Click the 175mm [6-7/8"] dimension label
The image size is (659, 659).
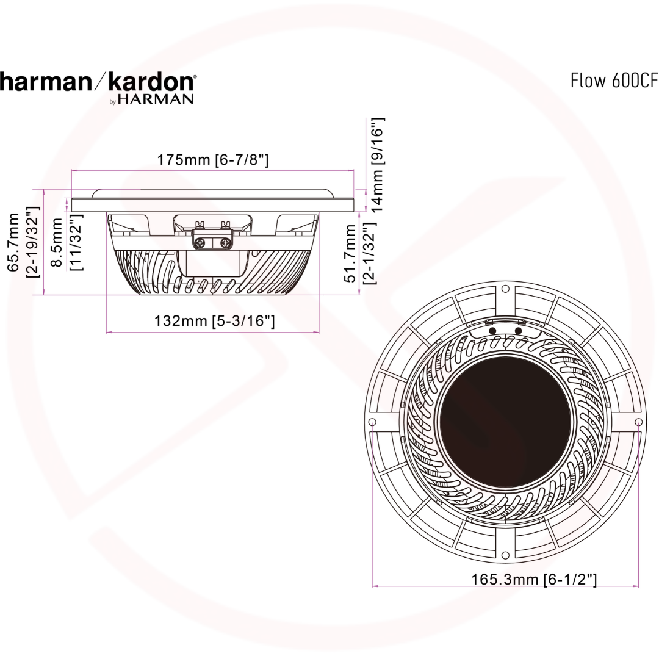(213, 160)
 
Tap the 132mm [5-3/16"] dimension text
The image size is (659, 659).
(213, 320)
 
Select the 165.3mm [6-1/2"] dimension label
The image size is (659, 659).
(534, 578)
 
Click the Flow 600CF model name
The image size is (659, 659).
(614, 81)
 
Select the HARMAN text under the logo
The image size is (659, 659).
(155, 99)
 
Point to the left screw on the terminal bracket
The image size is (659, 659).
(200, 243)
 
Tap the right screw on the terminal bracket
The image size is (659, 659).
(225, 243)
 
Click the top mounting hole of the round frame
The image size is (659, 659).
(505, 289)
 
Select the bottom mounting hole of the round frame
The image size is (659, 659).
(505, 555)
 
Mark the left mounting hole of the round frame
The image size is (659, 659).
(373, 422)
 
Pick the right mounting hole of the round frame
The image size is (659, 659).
(638, 422)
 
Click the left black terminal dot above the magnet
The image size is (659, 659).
(492, 331)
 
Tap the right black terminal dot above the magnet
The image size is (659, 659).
(518, 331)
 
